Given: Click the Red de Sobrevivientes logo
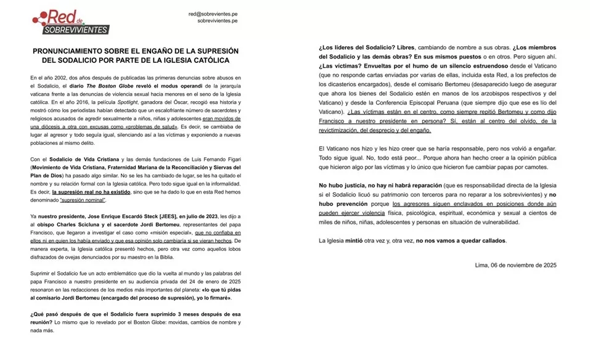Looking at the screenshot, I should (70, 22).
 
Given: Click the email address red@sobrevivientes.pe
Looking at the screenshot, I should (213, 14).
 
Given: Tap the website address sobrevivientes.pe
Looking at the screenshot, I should (217, 21).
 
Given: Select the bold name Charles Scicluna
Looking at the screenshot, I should (83, 224).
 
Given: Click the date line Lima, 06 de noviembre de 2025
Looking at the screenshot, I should (516, 265).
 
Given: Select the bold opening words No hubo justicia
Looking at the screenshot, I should (345, 186).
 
